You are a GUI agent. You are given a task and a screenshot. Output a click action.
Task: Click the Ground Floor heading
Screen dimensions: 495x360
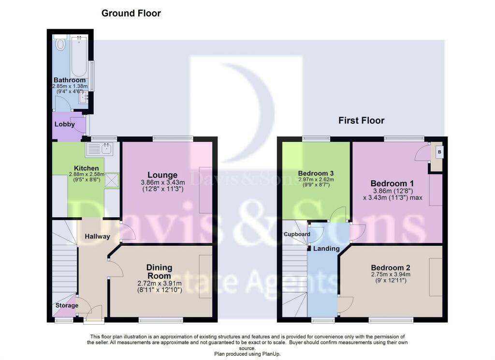click(131, 13)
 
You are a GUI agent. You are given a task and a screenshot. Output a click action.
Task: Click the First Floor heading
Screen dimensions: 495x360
click(362, 120)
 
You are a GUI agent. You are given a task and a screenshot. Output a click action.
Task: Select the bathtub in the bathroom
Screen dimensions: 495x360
click(79, 56)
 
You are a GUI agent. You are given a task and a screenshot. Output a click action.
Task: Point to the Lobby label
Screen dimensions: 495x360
click(65, 124)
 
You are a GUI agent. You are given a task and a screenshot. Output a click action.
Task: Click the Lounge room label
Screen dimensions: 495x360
click(162, 175)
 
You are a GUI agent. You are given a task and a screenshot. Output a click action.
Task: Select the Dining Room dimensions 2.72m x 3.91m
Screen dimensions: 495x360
click(160, 283)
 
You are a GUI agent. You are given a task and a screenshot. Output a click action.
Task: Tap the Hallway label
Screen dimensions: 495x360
click(97, 236)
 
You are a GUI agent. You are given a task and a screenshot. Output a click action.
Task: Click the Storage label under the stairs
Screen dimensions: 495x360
click(67, 305)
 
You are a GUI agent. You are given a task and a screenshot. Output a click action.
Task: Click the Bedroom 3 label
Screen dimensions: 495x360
click(316, 173)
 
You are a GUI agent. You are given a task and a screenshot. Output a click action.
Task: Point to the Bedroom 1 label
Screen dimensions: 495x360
click(392, 183)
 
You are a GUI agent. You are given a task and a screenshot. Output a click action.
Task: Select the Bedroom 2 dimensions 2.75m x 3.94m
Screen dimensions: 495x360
click(391, 274)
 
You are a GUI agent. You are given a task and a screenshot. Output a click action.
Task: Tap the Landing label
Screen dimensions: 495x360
click(326, 248)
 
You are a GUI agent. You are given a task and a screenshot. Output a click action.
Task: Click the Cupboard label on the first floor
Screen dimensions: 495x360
click(297, 234)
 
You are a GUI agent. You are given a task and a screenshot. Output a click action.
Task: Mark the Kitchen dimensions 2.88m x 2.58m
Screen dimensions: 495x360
click(87, 174)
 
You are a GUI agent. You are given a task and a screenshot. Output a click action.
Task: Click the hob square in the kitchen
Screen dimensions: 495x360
click(112, 180)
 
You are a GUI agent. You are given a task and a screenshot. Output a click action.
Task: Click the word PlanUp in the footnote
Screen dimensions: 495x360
click(271, 354)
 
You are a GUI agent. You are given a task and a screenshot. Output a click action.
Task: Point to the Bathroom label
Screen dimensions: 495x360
click(70, 80)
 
